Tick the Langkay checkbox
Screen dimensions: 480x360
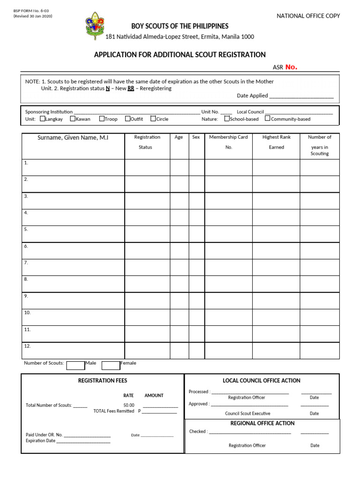(x=43, y=119)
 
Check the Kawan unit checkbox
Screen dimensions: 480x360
(x=73, y=119)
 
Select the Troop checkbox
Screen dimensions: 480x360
(x=102, y=119)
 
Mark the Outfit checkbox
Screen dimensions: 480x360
(x=127, y=119)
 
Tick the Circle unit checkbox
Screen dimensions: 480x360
(x=153, y=119)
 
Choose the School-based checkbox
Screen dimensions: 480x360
(x=227, y=119)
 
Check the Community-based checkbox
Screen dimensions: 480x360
(x=268, y=119)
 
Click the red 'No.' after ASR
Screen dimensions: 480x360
(x=291, y=67)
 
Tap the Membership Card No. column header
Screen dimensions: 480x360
(x=229, y=142)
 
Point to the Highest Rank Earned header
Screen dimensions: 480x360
(x=277, y=142)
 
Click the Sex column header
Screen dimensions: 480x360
(x=196, y=137)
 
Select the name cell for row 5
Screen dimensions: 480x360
(x=73, y=233)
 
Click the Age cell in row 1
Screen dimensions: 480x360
(x=179, y=167)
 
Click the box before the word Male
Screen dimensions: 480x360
(x=75, y=365)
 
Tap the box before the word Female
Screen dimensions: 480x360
(x=111, y=365)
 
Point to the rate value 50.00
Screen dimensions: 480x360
(x=129, y=405)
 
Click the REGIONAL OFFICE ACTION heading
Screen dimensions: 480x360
(x=262, y=423)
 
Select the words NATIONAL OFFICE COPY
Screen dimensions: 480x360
(x=308, y=16)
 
